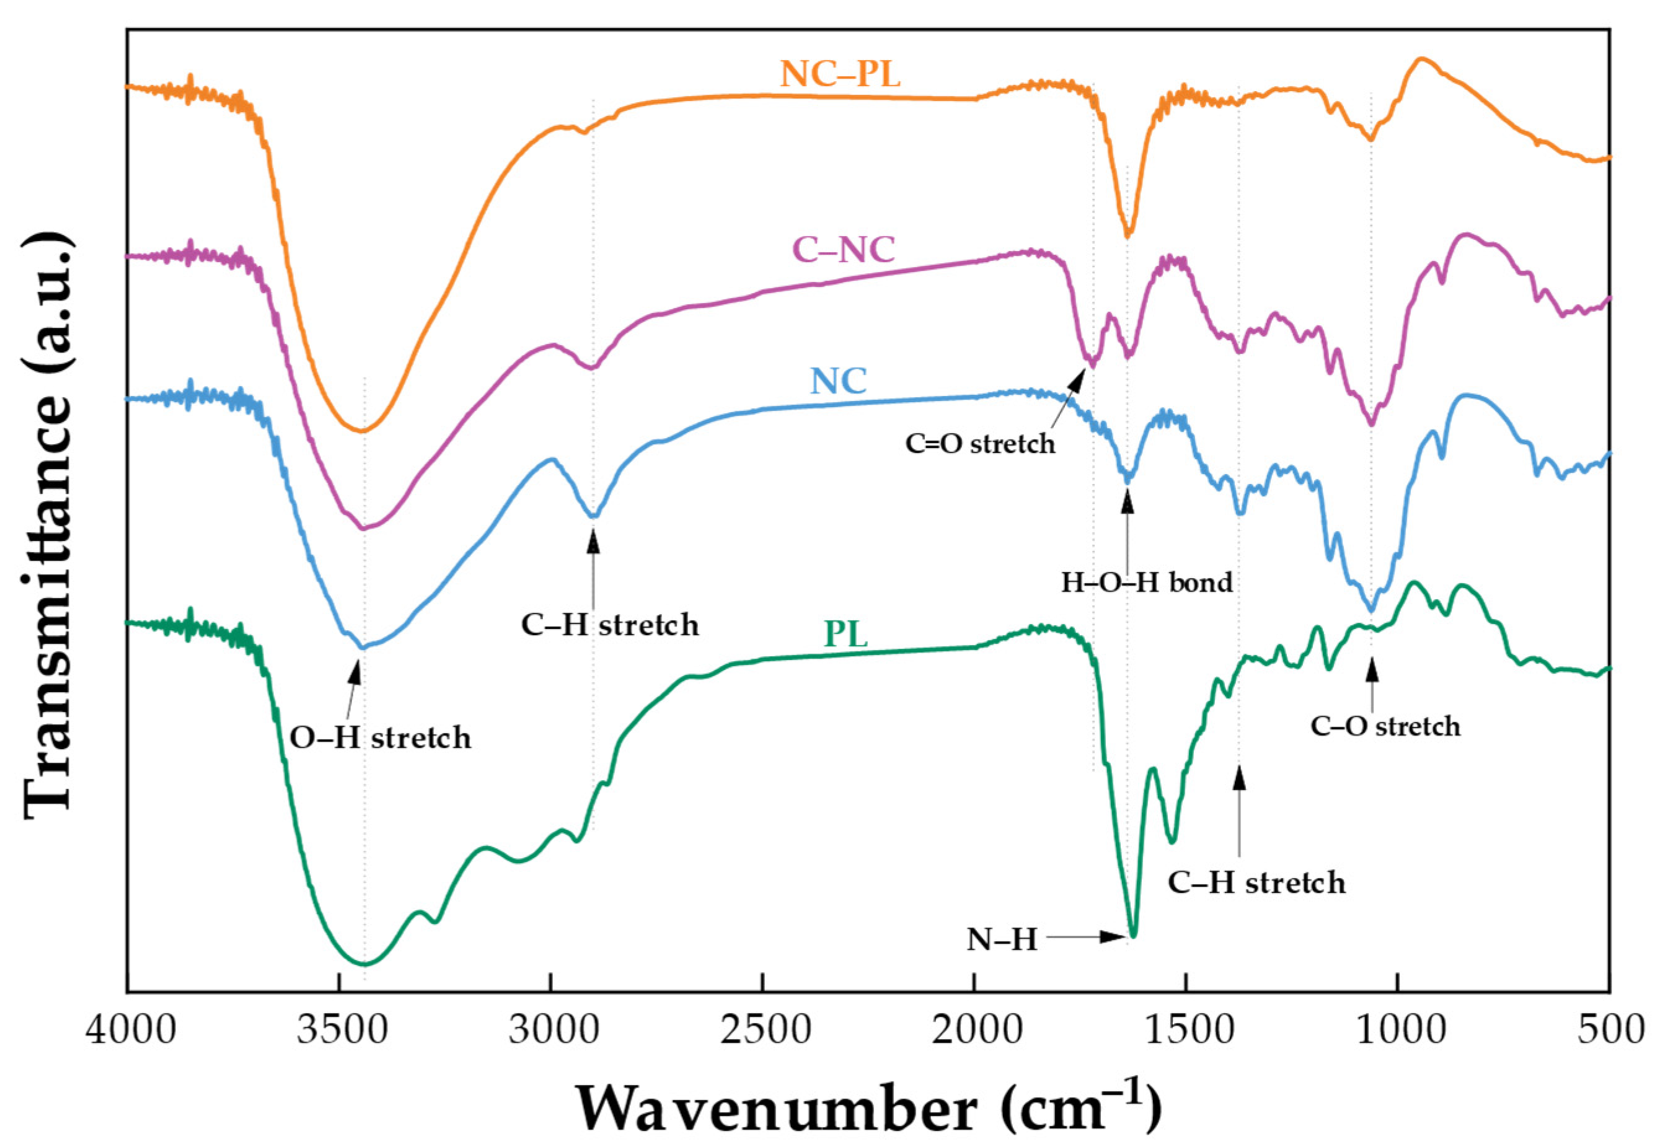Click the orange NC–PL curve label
pyautogui.click(x=840, y=74)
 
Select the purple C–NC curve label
pyautogui.click(x=844, y=250)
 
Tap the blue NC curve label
pyautogui.click(x=838, y=381)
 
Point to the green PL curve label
pyautogui.click(x=845, y=635)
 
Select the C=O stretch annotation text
pyautogui.click(x=980, y=444)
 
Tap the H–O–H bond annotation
pyautogui.click(x=1147, y=582)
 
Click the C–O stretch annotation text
pyautogui.click(x=1385, y=727)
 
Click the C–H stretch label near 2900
pyautogui.click(x=610, y=625)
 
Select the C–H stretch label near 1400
pyautogui.click(x=1256, y=882)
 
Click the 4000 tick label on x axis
pyautogui.click(x=130, y=1031)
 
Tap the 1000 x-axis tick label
pyautogui.click(x=1397, y=1031)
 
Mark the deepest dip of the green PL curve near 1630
pyautogui.click(x=1134, y=936)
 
